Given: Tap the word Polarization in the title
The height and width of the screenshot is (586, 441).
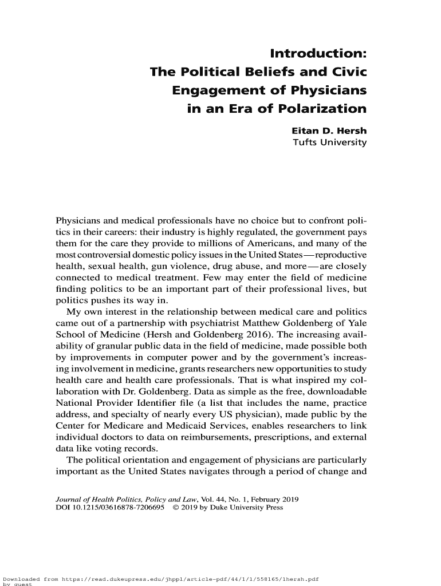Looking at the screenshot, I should pyautogui.click(x=314, y=109).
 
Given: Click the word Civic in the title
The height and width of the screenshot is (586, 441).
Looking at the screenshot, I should pyautogui.click(x=345, y=72).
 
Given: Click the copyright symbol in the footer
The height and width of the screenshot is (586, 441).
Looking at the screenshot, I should pyautogui.click(x=176, y=507).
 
